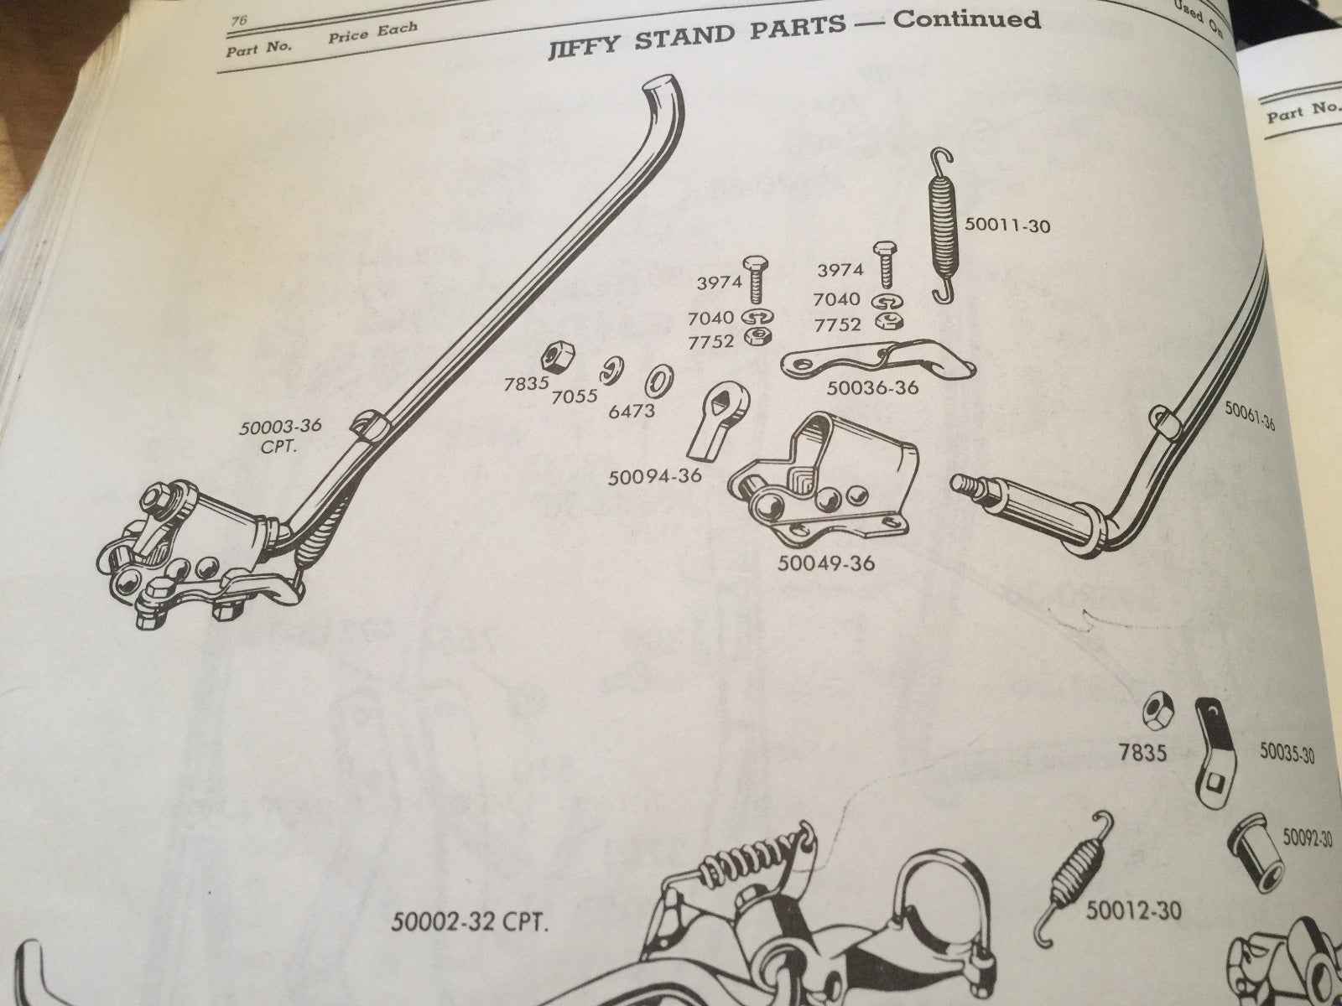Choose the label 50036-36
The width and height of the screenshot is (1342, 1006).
pos(873,388)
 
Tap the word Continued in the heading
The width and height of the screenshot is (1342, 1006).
pos(966,20)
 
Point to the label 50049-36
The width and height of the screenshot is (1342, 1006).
pos(825,562)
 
